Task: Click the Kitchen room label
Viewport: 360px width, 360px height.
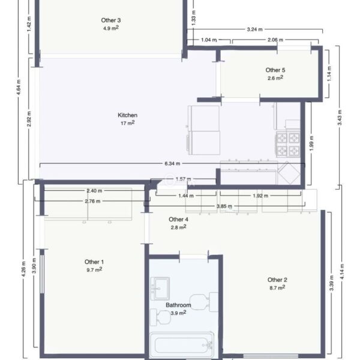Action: (127, 115)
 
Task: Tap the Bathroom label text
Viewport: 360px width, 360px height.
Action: (178, 305)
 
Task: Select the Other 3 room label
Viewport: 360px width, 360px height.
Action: (111, 20)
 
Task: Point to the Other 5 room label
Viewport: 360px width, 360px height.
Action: (275, 70)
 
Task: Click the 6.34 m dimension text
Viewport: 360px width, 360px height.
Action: (172, 164)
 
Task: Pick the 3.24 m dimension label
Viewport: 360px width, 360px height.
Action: (254, 29)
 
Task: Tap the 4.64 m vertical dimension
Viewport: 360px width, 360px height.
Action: (19, 87)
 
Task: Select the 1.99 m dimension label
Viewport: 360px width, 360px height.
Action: (311, 143)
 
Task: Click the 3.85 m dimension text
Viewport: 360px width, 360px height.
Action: (224, 206)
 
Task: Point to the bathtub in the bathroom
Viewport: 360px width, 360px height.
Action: (182, 345)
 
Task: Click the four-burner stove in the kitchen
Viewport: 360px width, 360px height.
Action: (288, 144)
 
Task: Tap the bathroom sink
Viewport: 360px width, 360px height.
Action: (160, 289)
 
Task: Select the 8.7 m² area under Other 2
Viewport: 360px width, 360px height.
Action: (277, 287)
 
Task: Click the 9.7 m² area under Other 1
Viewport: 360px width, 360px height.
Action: (94, 270)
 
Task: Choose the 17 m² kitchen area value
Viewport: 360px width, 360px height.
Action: (128, 123)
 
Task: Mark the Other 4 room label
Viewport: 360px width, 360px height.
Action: (178, 220)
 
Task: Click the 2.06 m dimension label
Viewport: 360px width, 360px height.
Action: (275, 40)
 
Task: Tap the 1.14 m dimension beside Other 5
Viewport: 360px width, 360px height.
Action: (329, 74)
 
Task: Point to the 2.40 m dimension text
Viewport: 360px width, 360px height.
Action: (94, 191)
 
